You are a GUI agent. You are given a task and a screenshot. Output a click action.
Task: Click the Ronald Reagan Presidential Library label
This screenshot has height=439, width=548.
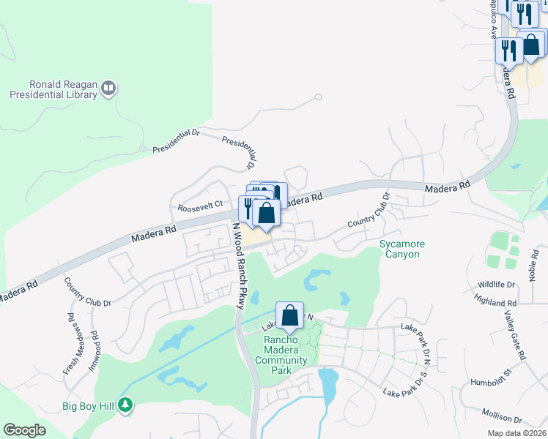(53, 89)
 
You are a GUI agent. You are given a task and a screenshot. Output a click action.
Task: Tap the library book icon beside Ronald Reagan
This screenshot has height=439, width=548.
(108, 89)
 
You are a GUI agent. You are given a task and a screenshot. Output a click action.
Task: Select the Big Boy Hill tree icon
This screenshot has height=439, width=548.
(126, 405)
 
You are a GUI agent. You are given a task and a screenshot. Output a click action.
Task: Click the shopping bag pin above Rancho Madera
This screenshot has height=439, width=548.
(290, 315)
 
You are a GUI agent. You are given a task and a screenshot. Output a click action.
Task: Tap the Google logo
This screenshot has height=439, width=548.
(25, 430)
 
